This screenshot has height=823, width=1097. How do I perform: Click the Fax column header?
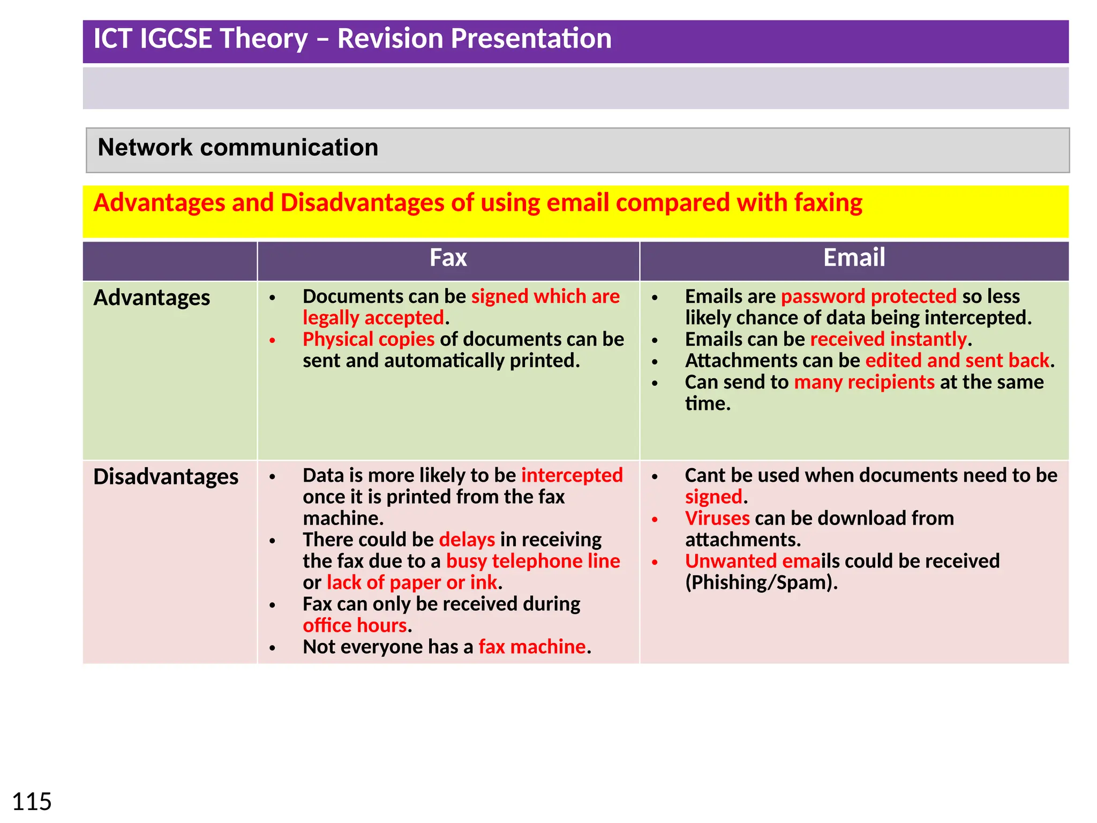pyautogui.click(x=448, y=258)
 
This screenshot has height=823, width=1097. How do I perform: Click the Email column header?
pyautogui.click(x=854, y=258)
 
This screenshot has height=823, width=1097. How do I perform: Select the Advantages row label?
pyautogui.click(x=152, y=298)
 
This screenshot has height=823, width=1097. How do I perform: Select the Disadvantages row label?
pyautogui.click(x=166, y=477)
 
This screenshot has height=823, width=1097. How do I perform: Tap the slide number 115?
pyautogui.click(x=32, y=802)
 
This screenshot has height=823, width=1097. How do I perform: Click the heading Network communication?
pyautogui.click(x=238, y=148)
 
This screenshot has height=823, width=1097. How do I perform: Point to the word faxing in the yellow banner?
pyautogui.click(x=828, y=203)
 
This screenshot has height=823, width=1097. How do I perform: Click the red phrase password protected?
pyautogui.click(x=868, y=296)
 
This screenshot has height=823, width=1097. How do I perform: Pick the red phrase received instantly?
pyautogui.click(x=888, y=339)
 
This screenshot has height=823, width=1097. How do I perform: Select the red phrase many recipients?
pyautogui.click(x=864, y=382)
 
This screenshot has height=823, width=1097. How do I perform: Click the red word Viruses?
pyautogui.click(x=717, y=518)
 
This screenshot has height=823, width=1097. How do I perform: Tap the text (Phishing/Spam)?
pyautogui.click(x=761, y=582)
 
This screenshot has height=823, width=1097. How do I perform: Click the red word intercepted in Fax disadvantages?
pyautogui.click(x=572, y=475)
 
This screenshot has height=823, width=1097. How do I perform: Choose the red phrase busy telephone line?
pyautogui.click(x=532, y=561)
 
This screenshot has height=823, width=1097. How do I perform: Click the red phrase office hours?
pyautogui.click(x=355, y=625)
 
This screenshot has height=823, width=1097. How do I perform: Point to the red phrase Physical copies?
pyautogui.click(x=369, y=339)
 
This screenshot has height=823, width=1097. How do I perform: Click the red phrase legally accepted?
pyautogui.click(x=373, y=318)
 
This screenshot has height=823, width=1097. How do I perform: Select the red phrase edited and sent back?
pyautogui.click(x=957, y=361)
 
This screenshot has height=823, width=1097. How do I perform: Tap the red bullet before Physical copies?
pyautogui.click(x=273, y=340)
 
